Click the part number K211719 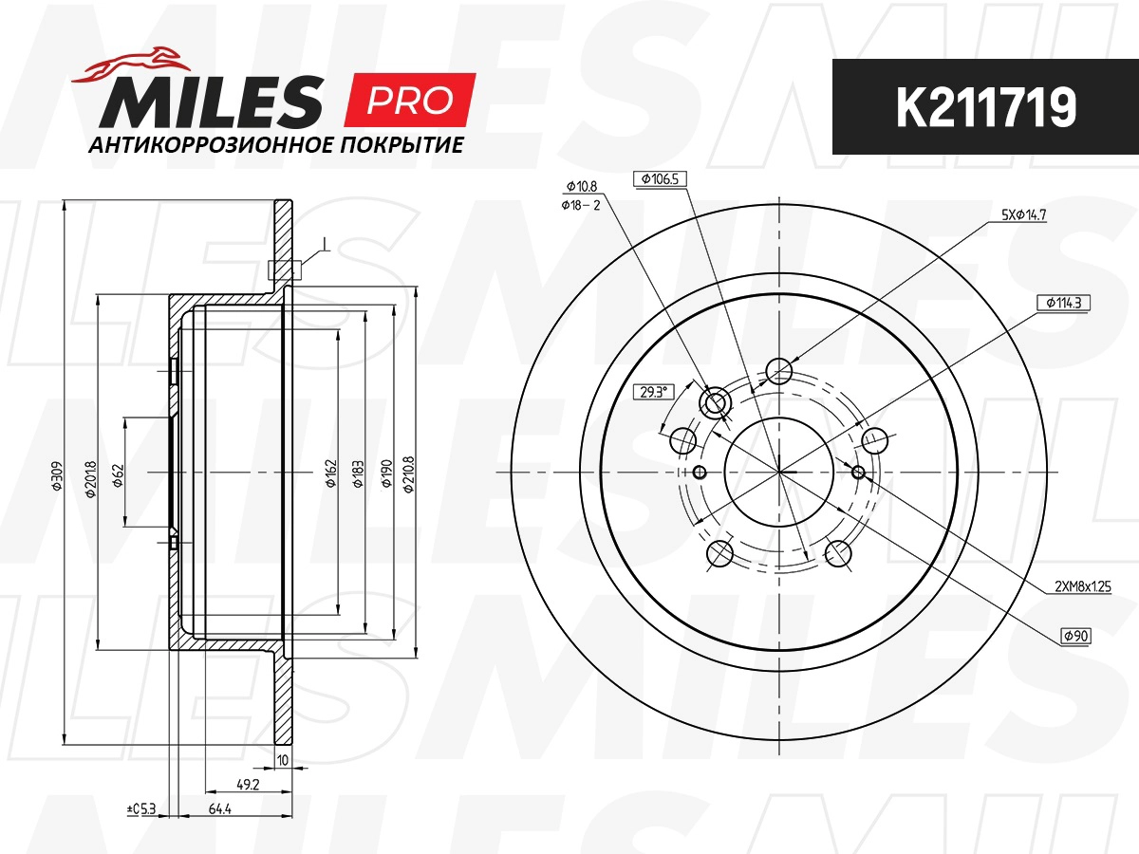986,107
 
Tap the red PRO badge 410,100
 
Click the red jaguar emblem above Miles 131,65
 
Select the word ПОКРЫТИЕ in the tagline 401,145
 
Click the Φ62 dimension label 118,475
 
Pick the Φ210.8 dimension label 409,474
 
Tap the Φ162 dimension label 331,473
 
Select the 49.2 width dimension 248,785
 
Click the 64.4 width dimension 219,808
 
